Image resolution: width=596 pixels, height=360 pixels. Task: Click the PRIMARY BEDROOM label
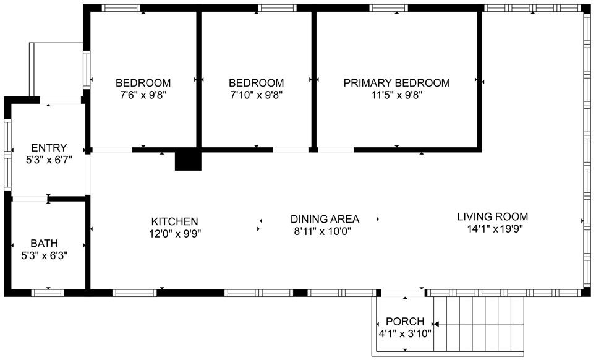(x=396, y=83)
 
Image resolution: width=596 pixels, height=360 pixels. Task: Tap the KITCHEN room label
(x=174, y=221)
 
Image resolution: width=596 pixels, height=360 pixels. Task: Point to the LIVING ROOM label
(x=492, y=216)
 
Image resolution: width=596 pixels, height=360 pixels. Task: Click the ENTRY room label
(x=49, y=148)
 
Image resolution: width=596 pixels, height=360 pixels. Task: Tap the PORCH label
(x=405, y=322)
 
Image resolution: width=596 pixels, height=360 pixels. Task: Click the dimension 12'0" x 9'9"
(x=175, y=233)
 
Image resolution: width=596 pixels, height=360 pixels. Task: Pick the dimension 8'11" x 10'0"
(x=325, y=232)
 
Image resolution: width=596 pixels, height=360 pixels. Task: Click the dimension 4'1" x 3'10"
(x=405, y=333)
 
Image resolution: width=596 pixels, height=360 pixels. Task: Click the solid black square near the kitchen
(x=188, y=160)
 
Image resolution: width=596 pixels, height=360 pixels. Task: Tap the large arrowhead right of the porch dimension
(x=435, y=324)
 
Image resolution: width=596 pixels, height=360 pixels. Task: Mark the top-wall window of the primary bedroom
(x=389, y=8)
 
